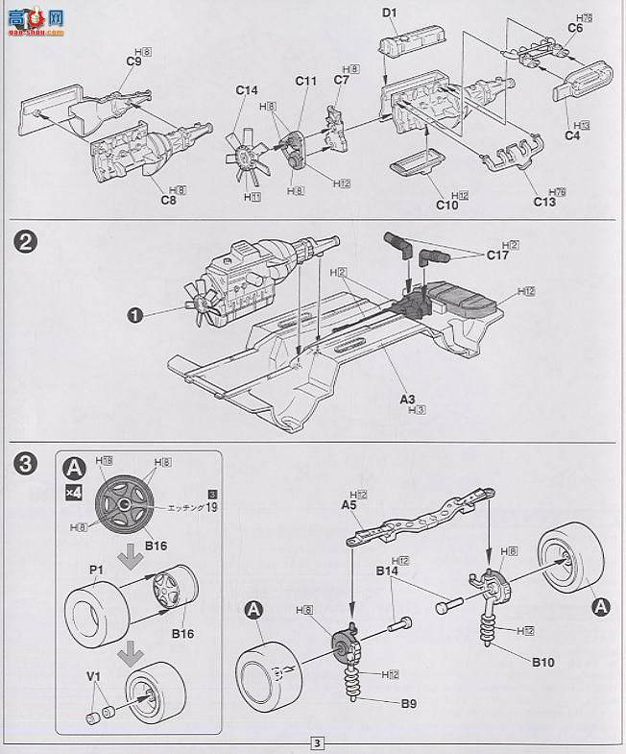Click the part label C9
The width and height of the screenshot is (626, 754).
coord(133,62)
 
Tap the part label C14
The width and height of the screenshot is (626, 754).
coord(248,91)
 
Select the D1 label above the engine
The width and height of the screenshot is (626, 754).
coord(389,13)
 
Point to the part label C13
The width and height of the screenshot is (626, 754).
coord(544,203)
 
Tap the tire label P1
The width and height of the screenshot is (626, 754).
coord(97,570)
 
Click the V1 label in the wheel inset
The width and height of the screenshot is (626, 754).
coord(94,676)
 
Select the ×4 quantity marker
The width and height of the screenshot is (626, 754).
coord(73,491)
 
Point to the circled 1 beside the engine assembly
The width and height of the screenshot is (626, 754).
coord(137,313)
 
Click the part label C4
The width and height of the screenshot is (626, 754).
coord(572,136)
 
